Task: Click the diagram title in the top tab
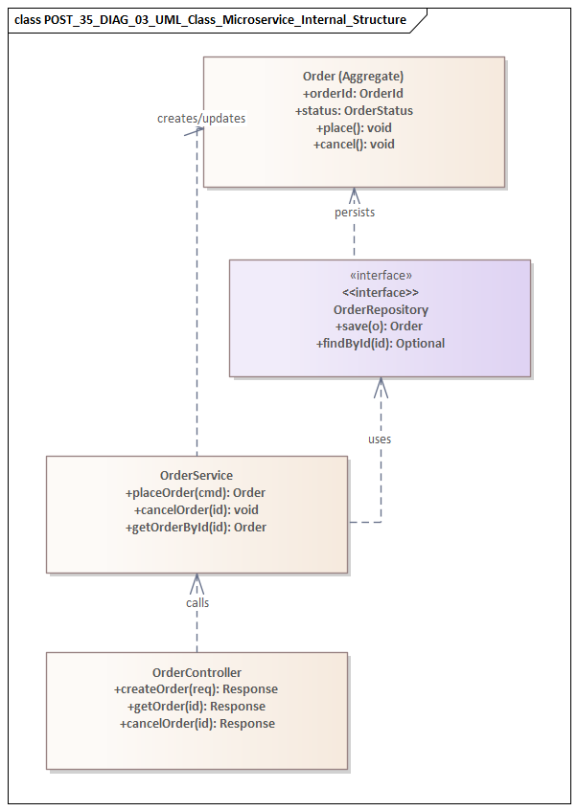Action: (211, 19)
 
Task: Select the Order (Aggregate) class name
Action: (353, 76)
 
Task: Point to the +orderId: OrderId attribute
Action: (353, 93)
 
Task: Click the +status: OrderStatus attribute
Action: (353, 110)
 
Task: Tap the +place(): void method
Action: (353, 127)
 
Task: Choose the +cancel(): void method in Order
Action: (353, 145)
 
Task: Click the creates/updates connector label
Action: (201, 118)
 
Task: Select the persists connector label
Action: (354, 213)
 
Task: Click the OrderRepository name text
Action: (380, 309)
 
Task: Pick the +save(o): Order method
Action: (380, 327)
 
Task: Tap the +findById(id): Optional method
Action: (380, 344)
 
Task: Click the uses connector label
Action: (380, 439)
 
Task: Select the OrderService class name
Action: (196, 475)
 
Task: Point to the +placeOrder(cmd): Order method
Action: (196, 492)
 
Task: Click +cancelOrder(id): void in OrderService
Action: (196, 509)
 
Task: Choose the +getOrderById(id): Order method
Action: (196, 527)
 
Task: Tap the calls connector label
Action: (197, 603)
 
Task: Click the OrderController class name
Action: (197, 672)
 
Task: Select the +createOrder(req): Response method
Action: (197, 689)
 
